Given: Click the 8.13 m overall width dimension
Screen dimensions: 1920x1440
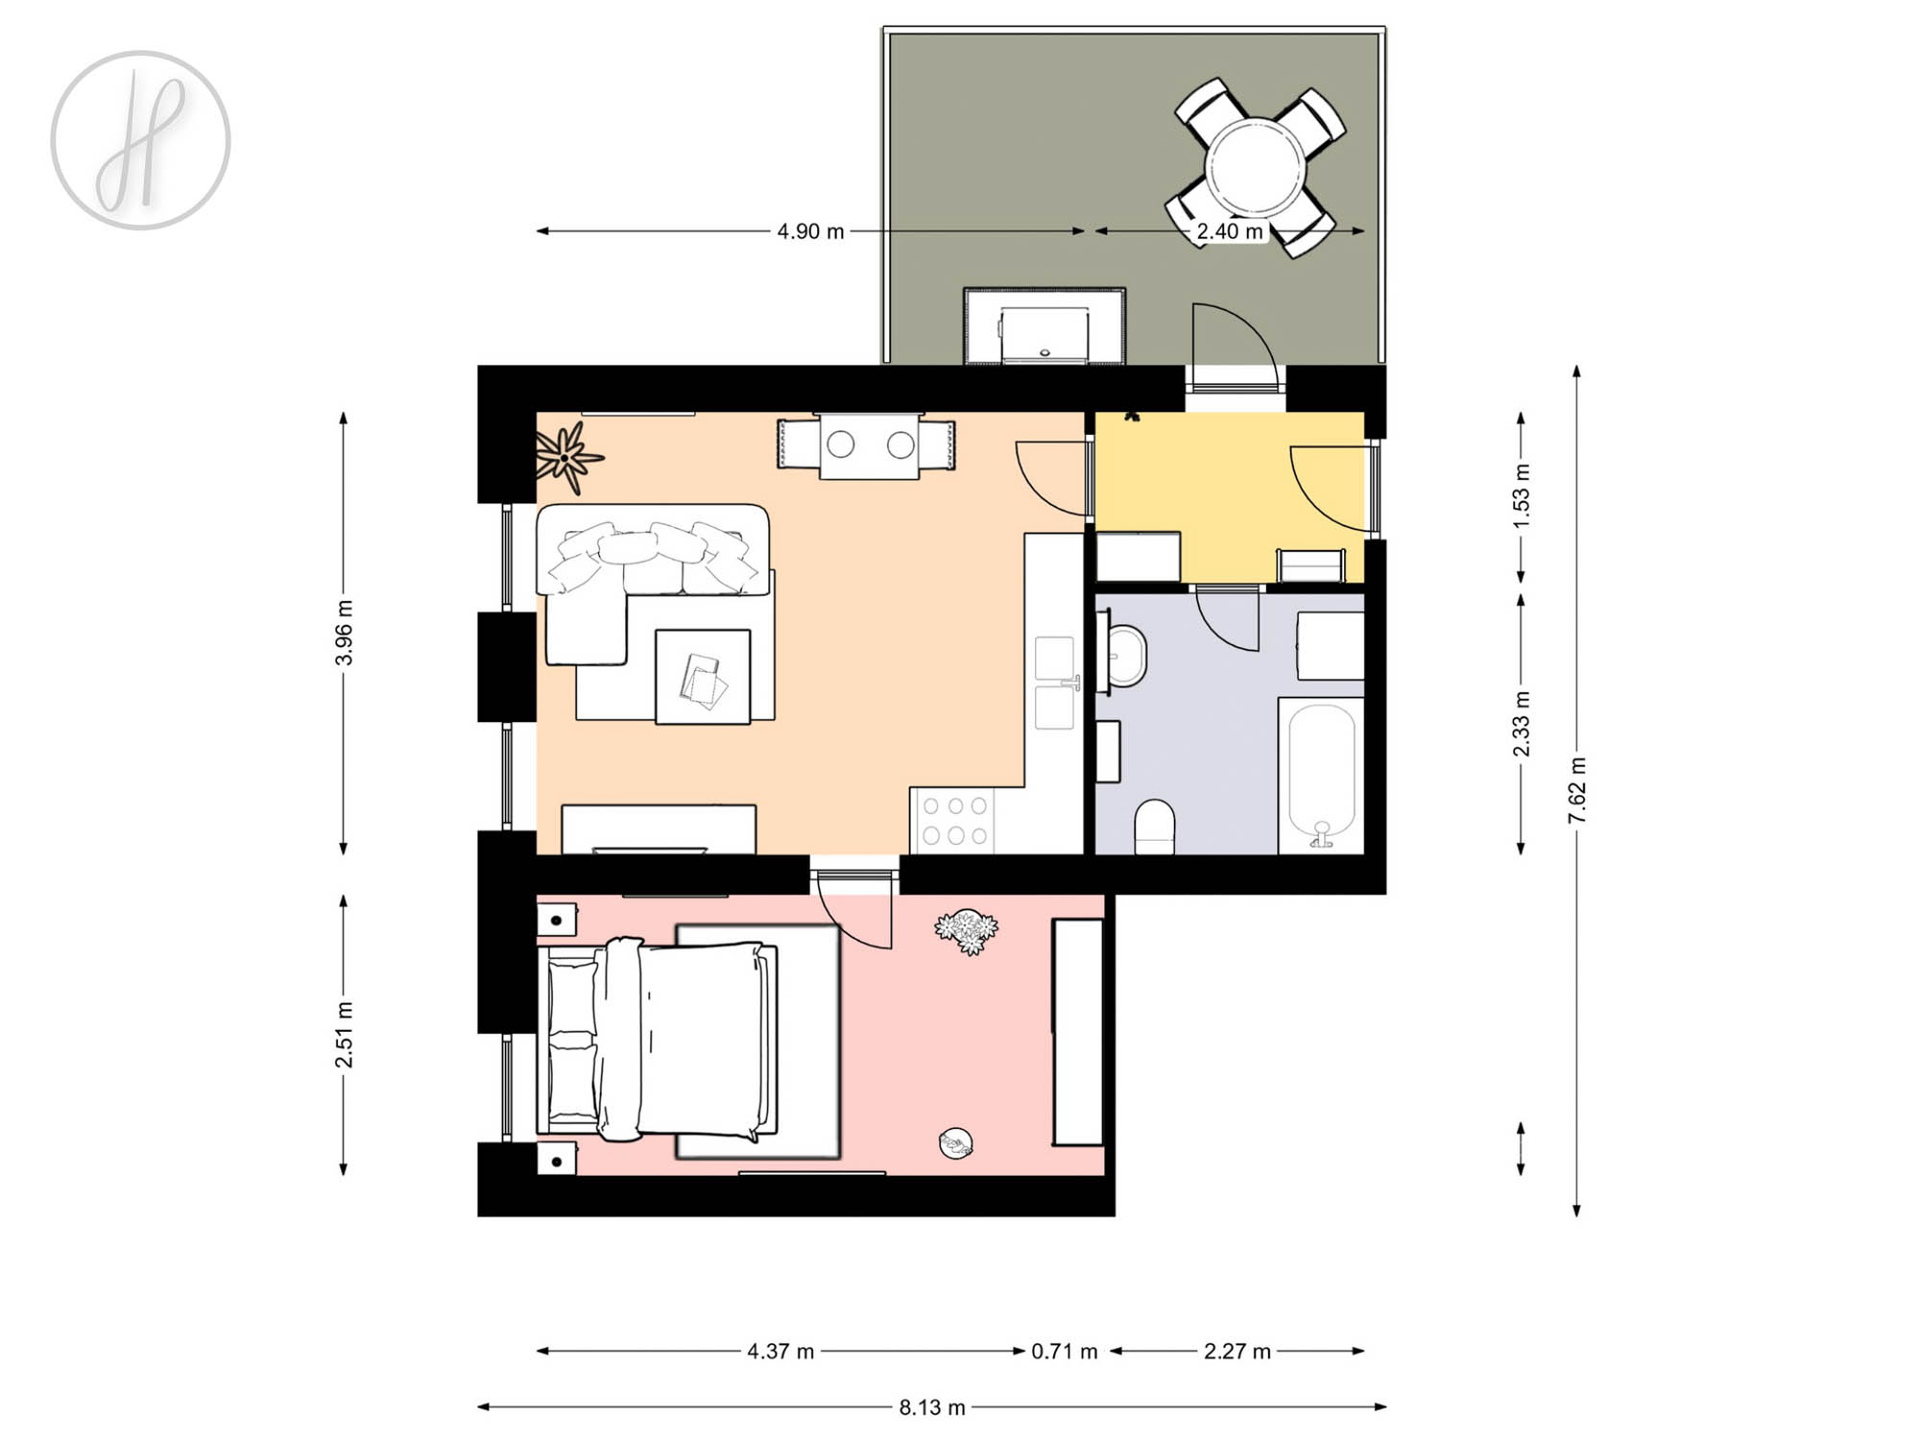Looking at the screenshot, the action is pyautogui.click(x=932, y=1407).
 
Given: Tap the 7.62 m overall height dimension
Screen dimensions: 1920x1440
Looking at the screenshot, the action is pyautogui.click(x=1576, y=790).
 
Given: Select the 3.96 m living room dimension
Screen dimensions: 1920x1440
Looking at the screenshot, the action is pyautogui.click(x=344, y=633).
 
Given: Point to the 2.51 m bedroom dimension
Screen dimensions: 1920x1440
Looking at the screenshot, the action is pyautogui.click(x=344, y=1035).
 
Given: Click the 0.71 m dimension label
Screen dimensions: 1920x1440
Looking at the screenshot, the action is pyautogui.click(x=1064, y=1352).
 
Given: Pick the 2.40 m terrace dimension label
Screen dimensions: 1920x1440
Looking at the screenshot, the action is pyautogui.click(x=1230, y=231).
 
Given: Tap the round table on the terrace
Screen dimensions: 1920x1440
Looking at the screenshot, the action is pyautogui.click(x=1255, y=167).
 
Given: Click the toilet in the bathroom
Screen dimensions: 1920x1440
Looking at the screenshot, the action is pyautogui.click(x=1155, y=827).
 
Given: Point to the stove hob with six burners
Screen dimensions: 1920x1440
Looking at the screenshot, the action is pyautogui.click(x=954, y=821).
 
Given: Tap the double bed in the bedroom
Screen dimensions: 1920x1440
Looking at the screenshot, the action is pyautogui.click(x=661, y=1040).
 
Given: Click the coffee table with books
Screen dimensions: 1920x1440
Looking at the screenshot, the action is pyautogui.click(x=703, y=676).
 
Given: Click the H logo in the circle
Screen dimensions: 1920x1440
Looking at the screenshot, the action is pyautogui.click(x=140, y=140).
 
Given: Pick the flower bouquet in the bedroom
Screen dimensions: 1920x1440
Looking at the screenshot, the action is pyautogui.click(x=967, y=930).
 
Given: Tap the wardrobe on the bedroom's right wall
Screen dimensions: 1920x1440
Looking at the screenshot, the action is pyautogui.click(x=1078, y=1032).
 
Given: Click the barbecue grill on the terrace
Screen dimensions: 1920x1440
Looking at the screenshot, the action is pyautogui.click(x=1044, y=326).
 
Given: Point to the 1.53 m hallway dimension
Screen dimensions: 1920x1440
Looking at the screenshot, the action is pyautogui.click(x=1521, y=496).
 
